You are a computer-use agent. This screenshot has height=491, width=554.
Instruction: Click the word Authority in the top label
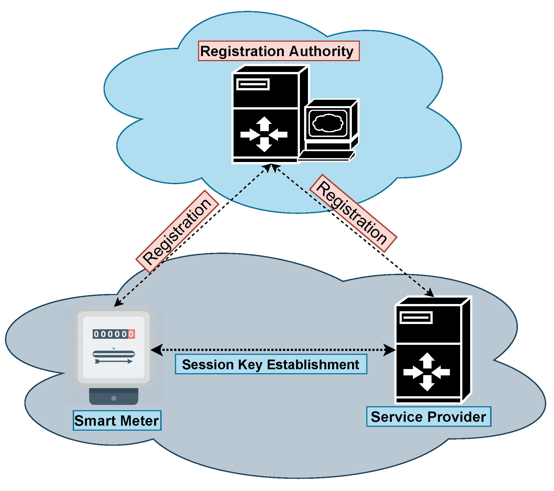point(321,51)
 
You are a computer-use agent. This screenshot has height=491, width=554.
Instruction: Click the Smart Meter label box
point(117,420)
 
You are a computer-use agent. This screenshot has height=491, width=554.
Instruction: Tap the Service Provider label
point(428,417)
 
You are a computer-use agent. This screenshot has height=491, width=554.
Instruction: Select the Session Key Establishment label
point(271,364)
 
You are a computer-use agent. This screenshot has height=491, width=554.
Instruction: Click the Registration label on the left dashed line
point(177,231)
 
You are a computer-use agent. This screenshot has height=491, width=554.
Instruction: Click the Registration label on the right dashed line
point(353,213)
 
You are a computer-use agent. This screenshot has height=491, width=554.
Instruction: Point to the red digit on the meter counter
point(131,334)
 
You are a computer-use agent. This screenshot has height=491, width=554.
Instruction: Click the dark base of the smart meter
point(114,396)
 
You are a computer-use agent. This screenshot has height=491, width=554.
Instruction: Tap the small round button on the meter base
point(114,398)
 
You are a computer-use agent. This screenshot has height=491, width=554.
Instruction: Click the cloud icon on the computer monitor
point(328,123)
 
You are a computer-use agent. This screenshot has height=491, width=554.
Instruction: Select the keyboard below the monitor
point(326,156)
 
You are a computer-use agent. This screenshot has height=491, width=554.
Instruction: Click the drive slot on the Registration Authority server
point(253,84)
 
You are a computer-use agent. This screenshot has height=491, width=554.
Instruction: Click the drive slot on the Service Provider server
point(416,318)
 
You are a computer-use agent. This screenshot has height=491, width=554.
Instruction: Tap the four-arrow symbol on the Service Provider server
point(427,372)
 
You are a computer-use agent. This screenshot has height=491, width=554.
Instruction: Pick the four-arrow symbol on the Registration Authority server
point(264,134)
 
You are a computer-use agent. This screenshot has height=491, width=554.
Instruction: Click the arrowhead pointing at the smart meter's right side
point(157,350)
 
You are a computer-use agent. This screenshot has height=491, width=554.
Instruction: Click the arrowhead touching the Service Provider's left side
point(389,350)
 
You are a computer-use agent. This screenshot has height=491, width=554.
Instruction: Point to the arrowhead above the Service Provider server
point(429,292)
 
